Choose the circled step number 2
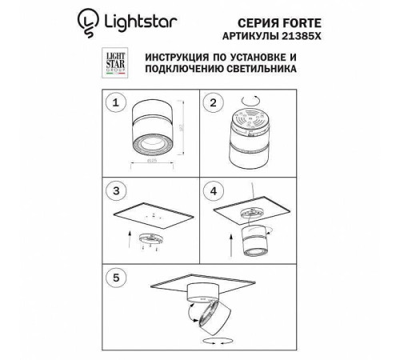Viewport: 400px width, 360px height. coord(212,103)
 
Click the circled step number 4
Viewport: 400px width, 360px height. coord(212,192)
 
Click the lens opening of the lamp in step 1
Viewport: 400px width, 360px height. coord(149,141)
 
